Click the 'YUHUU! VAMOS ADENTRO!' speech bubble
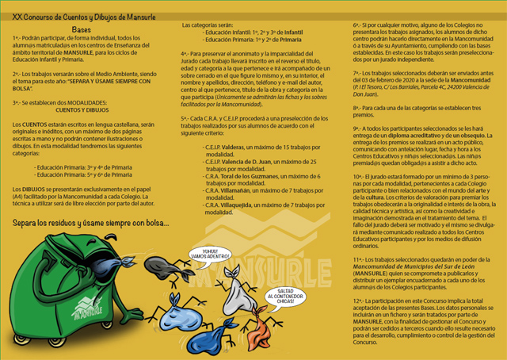point(197,255)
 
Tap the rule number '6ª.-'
point(359,25)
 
